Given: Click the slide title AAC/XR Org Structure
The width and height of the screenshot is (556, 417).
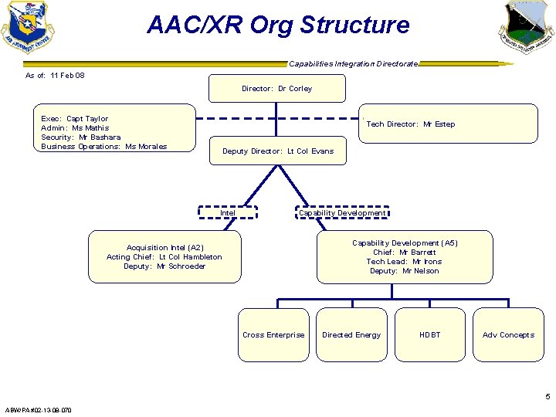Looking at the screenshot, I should (x=278, y=25).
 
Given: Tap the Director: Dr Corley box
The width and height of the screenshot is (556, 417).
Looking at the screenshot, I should (x=276, y=89).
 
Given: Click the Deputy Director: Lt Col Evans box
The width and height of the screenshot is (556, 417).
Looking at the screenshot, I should (x=278, y=151).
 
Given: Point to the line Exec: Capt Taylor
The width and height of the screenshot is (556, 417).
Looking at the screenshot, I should (x=75, y=119).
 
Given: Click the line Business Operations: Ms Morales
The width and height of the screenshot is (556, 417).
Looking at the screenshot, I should (x=103, y=147).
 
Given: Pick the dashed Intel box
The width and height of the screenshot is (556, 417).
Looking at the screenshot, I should (x=228, y=213).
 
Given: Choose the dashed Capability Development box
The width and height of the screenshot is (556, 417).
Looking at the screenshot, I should (x=342, y=213).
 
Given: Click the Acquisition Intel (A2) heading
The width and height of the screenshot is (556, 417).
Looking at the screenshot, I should (x=164, y=248).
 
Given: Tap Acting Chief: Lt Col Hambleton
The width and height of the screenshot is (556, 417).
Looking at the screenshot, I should (x=164, y=257).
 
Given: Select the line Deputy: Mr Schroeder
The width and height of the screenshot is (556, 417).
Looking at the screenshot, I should (x=164, y=266).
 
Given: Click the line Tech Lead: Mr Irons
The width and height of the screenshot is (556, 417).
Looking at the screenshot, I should (x=404, y=262).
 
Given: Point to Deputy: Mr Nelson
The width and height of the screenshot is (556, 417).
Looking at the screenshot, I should (x=404, y=271).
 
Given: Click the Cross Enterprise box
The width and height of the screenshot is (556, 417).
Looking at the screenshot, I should (x=273, y=335).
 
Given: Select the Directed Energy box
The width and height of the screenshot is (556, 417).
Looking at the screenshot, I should (x=351, y=335).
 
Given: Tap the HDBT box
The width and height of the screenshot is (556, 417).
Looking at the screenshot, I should (x=429, y=335).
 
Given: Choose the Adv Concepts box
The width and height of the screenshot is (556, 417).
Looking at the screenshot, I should (x=508, y=335).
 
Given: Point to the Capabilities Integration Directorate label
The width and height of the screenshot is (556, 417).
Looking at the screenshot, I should (x=353, y=63).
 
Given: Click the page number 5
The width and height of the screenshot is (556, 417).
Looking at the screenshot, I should (x=548, y=397).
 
